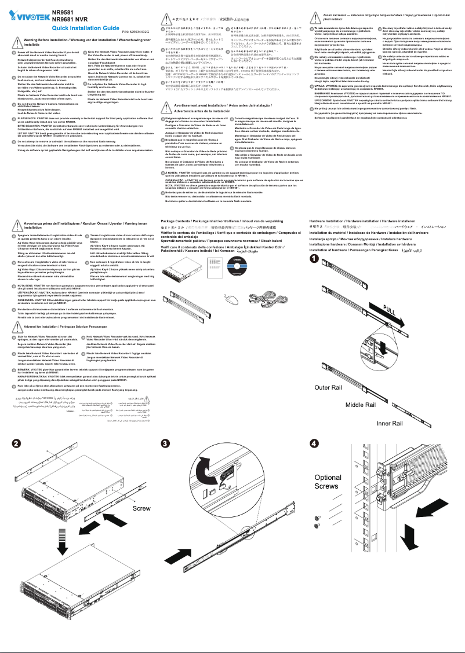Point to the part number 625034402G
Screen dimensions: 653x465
click(135, 31)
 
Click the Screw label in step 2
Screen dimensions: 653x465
click(141, 508)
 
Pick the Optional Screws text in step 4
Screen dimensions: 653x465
click(328, 482)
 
